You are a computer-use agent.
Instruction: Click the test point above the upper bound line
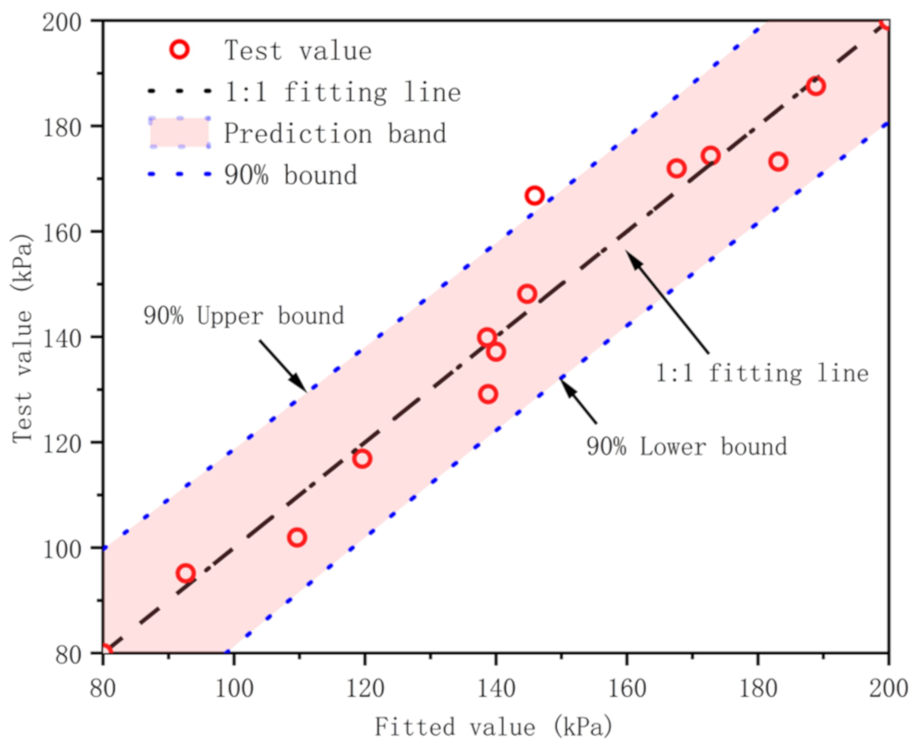click(x=534, y=196)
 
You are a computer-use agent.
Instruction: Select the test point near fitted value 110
click(x=297, y=538)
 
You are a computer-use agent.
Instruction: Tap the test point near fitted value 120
click(x=363, y=459)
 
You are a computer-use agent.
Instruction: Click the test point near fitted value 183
click(x=778, y=162)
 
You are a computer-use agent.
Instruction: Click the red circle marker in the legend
click(x=180, y=49)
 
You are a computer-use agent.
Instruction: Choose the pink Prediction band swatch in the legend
click(x=179, y=132)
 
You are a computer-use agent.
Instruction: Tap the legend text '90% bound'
click(x=291, y=175)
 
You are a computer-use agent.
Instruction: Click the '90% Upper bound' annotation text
click(x=244, y=316)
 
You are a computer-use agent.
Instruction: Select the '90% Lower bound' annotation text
click(x=687, y=447)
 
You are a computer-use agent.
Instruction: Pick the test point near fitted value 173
click(x=711, y=156)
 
